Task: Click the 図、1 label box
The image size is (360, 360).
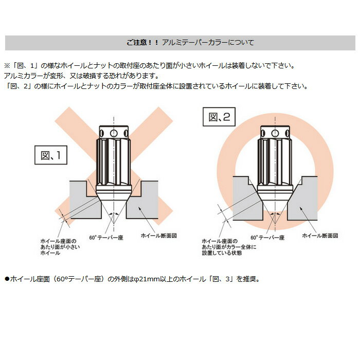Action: click(x=51, y=155)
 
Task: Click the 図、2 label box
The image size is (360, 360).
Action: click(x=219, y=117)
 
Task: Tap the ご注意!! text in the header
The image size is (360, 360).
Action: click(x=142, y=43)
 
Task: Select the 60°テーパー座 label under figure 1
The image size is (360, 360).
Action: click(x=106, y=238)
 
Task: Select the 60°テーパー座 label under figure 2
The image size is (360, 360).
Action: click(x=267, y=238)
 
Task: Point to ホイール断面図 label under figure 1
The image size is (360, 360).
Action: click(x=158, y=236)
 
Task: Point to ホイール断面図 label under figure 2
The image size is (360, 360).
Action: click(x=320, y=236)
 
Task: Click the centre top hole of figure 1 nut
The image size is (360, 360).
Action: click(x=114, y=133)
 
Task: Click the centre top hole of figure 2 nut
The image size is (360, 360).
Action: click(x=275, y=133)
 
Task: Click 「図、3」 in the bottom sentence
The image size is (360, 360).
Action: click(x=220, y=279)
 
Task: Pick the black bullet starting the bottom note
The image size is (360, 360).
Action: click(x=7, y=279)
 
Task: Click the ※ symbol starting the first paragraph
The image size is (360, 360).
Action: click(x=7, y=66)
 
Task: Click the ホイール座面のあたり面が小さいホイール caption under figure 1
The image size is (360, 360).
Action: click(x=60, y=247)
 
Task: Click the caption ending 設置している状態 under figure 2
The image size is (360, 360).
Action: click(x=229, y=247)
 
